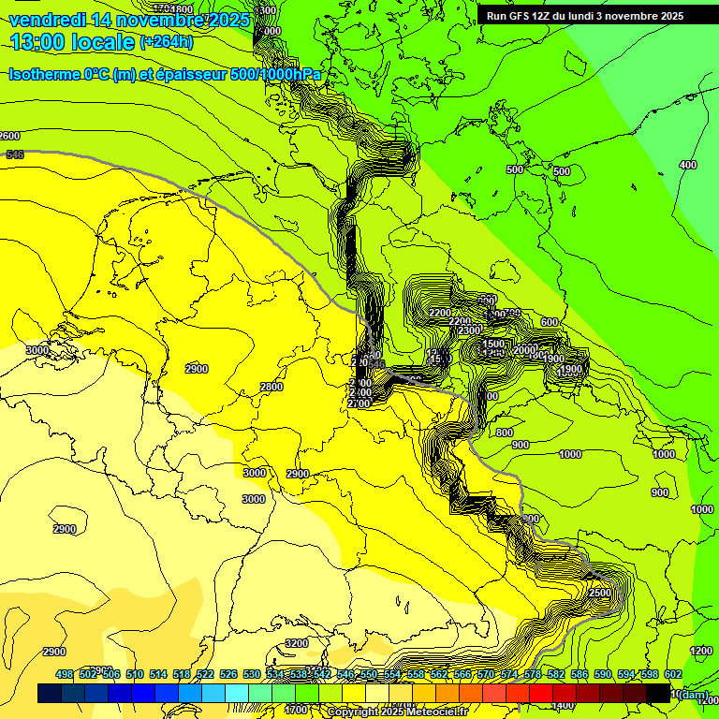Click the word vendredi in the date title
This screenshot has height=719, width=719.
click(48, 20)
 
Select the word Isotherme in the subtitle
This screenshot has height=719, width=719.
click(44, 74)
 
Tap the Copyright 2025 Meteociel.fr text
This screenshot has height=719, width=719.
click(397, 712)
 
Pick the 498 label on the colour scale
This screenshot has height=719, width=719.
click(65, 674)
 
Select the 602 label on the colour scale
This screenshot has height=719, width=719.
click(673, 674)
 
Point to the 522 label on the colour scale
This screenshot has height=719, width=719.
click(205, 674)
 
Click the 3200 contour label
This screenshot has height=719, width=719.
click(297, 643)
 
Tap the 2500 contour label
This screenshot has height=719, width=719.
click(600, 594)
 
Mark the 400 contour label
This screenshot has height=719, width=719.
click(688, 165)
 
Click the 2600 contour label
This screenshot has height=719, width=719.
click(9, 137)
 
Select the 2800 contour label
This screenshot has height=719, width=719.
click(271, 388)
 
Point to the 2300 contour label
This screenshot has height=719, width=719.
click(470, 330)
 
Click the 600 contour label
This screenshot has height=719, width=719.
click(550, 323)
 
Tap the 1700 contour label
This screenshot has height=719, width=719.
click(296, 710)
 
